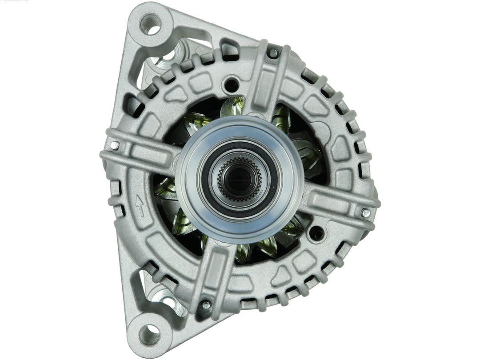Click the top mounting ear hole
tap(150, 24)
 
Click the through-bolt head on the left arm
tap(115, 145)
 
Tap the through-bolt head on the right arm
tap(365, 213)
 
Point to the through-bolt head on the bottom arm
tap(206, 305)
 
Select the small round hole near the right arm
tap(317, 232)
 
